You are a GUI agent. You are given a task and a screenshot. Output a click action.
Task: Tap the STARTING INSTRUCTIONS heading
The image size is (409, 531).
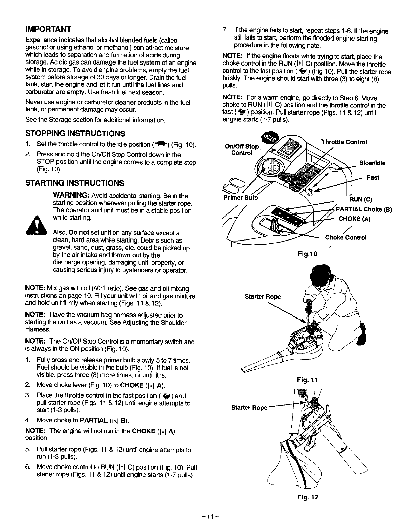[75, 183]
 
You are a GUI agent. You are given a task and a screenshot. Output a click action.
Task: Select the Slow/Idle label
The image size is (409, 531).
[372, 163]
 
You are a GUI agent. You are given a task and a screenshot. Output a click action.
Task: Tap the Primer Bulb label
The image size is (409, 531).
[240, 198]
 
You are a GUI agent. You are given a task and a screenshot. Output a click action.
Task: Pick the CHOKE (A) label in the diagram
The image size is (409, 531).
[355, 219]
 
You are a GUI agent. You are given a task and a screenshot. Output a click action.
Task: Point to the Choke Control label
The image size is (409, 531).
[345, 237]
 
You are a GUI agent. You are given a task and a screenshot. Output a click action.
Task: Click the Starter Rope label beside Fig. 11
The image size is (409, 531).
[263, 297]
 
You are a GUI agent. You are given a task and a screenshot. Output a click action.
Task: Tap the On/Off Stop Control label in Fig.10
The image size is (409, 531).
[241, 150]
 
